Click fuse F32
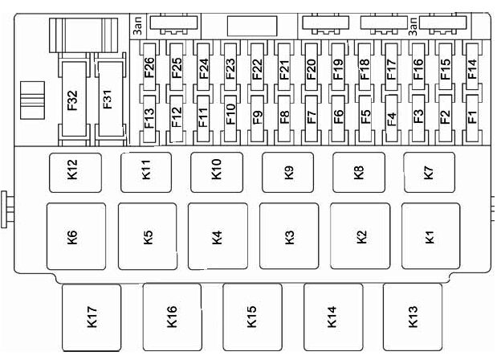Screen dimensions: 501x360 tap(74, 99)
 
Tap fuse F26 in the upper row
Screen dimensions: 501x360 tap(149, 67)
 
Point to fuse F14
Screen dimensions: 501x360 tap(472, 67)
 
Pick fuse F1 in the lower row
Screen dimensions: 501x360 tap(472, 118)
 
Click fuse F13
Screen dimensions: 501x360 tap(149, 118)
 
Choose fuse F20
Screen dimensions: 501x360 tap(311, 67)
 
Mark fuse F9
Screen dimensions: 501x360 tap(257, 118)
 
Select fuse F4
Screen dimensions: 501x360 tap(392, 118)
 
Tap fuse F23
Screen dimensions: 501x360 tap(230, 67)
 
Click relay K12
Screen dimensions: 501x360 tap(75, 173)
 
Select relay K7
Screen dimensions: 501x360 tap(429, 173)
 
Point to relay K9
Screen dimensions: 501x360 tap(288, 173)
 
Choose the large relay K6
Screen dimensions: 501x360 tap(76, 236)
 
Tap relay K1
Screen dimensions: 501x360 tap(430, 236)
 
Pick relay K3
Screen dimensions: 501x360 tap(289, 236)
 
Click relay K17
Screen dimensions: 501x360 tap(92, 317)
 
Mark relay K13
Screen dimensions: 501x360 tap(413, 317)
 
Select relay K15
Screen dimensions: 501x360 tap(252, 317)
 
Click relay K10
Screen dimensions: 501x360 tap(217, 173)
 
